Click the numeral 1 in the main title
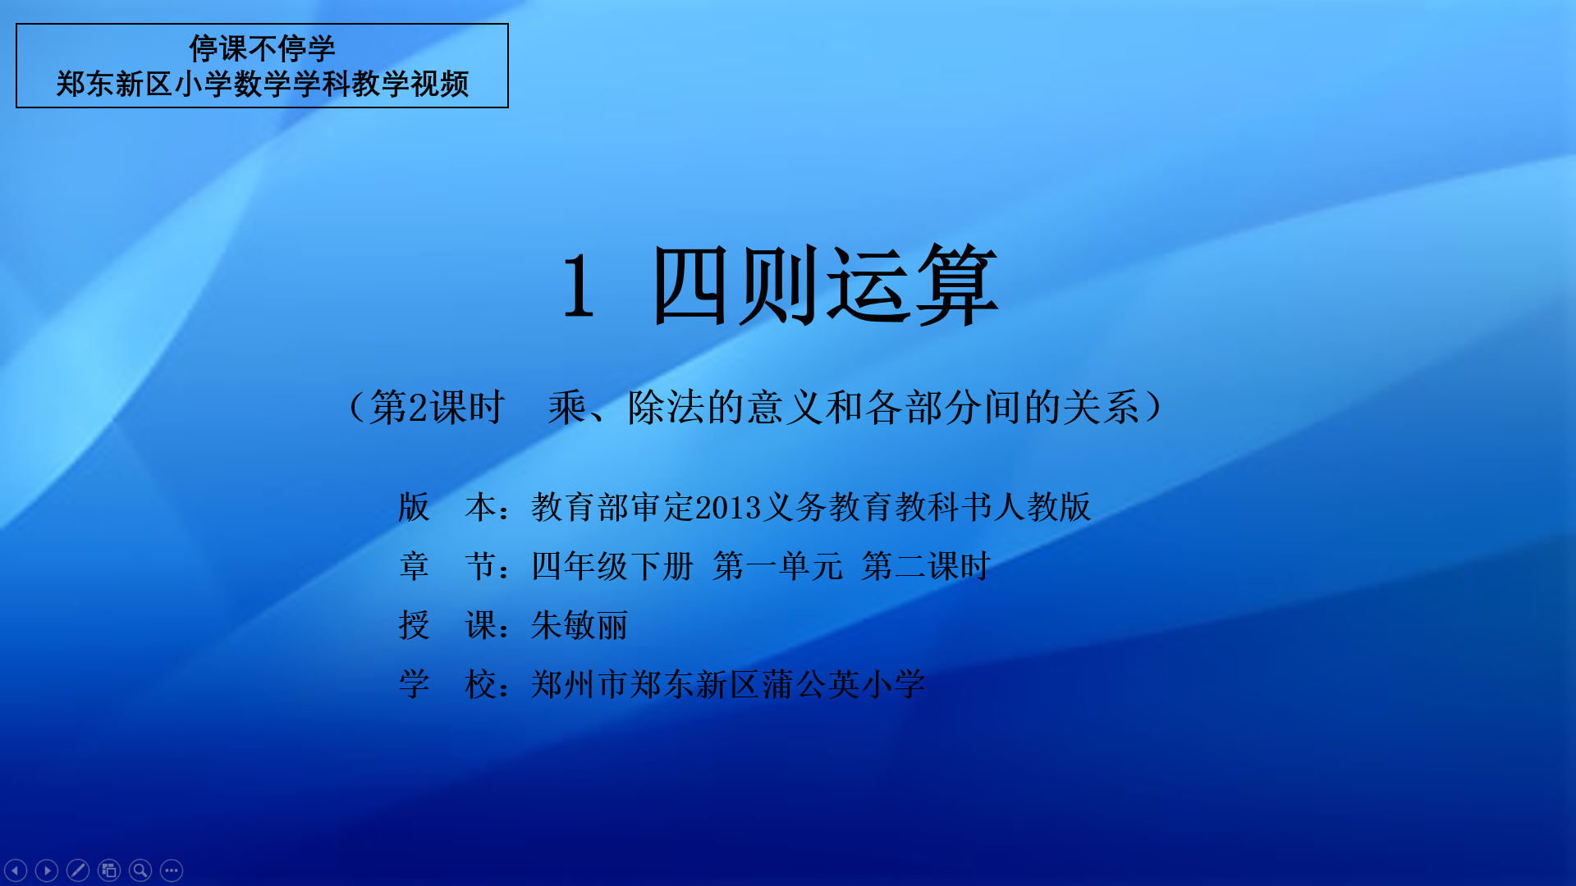(579, 285)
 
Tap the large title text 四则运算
(825, 285)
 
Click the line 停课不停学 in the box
(262, 48)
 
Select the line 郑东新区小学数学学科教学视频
(262, 84)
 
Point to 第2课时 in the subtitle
(437, 407)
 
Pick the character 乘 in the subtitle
(567, 407)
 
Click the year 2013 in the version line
(728, 508)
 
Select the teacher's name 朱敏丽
(580, 625)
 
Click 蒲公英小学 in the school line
(844, 684)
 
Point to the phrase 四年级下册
(612, 566)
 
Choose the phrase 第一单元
(777, 566)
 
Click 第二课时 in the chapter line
(926, 566)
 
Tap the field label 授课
(447, 625)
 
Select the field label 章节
(447, 566)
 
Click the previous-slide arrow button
(16, 870)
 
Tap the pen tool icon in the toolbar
(78, 870)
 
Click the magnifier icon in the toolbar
(140, 870)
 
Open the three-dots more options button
(172, 870)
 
